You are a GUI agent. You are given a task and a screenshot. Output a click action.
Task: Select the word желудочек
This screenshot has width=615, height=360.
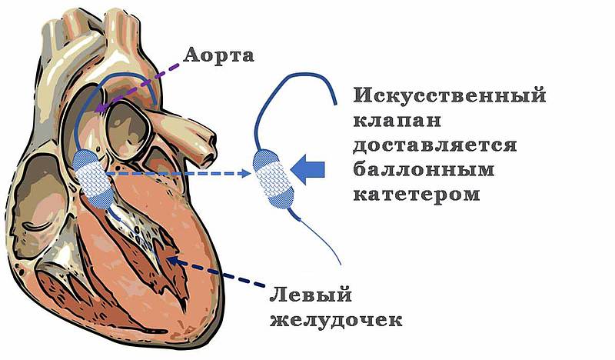tap(335, 318)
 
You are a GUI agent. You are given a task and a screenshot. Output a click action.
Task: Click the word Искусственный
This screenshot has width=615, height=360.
tap(450, 97)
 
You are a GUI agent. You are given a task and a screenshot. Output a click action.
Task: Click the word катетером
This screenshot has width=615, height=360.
tap(417, 194)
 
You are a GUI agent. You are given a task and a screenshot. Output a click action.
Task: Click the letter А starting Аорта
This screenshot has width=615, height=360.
tap(189, 54)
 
